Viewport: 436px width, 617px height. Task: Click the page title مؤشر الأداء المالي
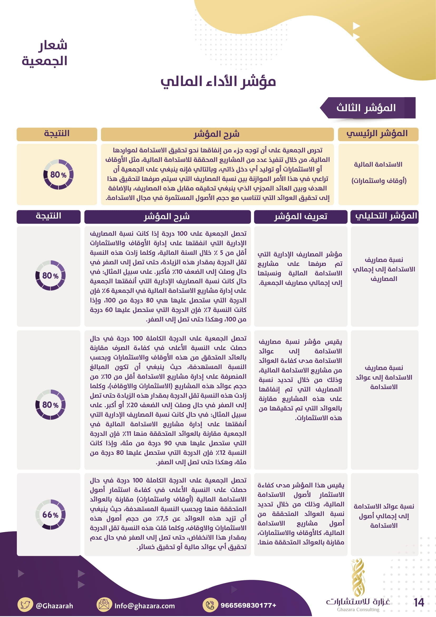218,82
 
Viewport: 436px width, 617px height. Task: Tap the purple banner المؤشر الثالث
367,108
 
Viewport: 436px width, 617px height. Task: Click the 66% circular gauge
50,514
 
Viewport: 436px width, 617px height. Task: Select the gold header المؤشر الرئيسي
378,134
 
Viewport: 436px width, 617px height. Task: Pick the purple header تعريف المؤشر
301,217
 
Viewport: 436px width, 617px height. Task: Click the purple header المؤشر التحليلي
384,217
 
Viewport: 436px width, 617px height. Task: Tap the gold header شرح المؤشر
217,134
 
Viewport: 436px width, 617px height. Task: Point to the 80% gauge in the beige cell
58,175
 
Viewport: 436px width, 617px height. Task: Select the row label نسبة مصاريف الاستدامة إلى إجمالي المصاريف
384,269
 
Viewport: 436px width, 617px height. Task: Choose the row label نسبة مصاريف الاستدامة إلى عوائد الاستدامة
384,377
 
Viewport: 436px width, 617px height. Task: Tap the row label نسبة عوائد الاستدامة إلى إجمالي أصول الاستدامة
384,516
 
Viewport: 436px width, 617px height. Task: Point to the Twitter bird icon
25,605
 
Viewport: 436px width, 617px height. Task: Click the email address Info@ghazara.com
144,606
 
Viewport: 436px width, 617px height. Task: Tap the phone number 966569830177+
248,605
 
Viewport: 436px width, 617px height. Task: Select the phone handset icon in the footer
210,605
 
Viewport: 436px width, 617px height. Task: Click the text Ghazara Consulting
358,609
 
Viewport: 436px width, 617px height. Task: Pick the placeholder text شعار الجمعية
45,53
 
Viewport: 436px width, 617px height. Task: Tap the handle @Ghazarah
55,606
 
